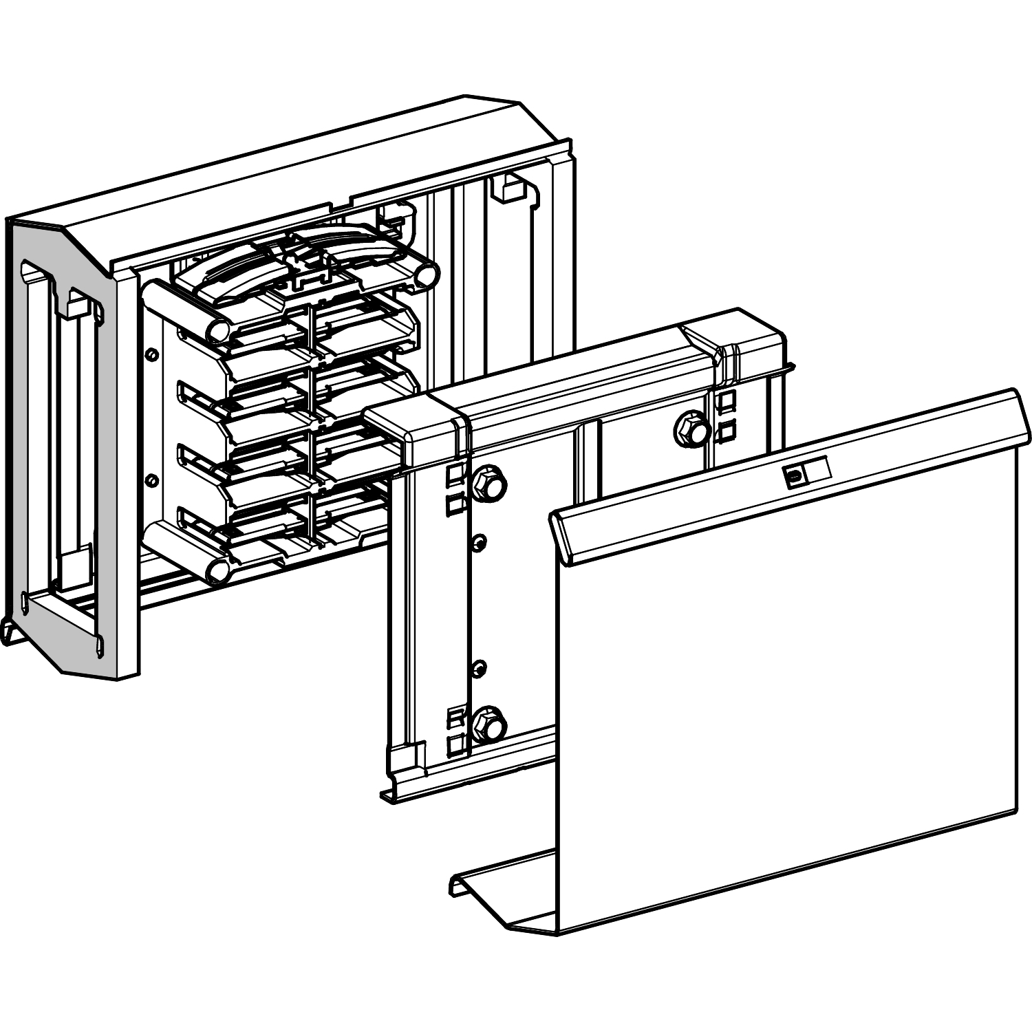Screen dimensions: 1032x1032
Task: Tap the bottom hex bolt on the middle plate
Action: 489,724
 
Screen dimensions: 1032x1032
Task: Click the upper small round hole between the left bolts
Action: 480,542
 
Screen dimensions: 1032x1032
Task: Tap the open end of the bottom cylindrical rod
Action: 217,570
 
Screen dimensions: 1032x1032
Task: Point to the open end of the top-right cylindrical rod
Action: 428,275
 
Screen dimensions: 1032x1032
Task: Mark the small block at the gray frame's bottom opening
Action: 76,564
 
